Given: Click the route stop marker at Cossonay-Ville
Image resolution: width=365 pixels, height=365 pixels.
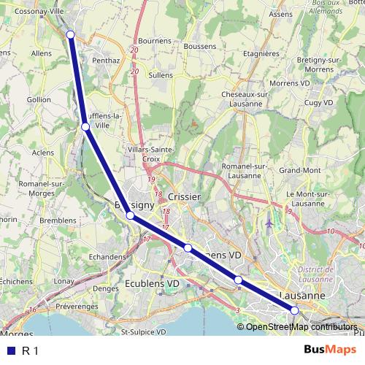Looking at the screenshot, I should pyautogui.click(x=71, y=34).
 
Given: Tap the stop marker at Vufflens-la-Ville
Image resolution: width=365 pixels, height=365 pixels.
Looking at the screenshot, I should pyautogui.click(x=85, y=127).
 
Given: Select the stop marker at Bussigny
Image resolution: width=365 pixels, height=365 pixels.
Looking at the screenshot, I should pyautogui.click(x=130, y=215).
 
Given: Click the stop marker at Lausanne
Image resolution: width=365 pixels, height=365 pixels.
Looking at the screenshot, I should pyautogui.click(x=295, y=310).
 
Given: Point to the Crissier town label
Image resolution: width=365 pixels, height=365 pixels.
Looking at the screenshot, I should pyautogui.click(x=183, y=197).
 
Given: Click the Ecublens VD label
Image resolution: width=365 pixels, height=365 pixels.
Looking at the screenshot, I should pyautogui.click(x=153, y=283).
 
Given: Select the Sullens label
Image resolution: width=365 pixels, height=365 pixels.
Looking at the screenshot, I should pyautogui.click(x=161, y=74).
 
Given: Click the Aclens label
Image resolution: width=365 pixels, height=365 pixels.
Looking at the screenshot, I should pyautogui.click(x=43, y=153).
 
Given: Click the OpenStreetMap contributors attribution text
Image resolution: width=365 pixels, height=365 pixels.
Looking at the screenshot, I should pyautogui.click(x=301, y=326).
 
